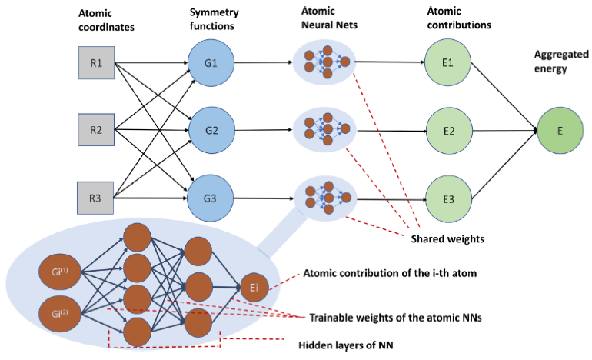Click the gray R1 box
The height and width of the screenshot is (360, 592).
[96, 62]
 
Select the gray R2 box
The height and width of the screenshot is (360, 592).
[96, 129]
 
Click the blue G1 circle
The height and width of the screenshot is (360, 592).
[209, 62]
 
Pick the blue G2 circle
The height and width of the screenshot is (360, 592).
[209, 130]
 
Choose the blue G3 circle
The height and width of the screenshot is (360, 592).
[209, 198]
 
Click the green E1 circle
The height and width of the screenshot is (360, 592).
[447, 62]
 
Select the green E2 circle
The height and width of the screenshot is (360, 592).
[447, 130]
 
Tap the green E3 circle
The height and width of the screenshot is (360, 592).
[447, 198]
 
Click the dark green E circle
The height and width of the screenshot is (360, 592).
[560, 130]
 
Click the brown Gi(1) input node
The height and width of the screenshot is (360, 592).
[61, 271]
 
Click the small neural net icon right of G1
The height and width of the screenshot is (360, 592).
[323, 62]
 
